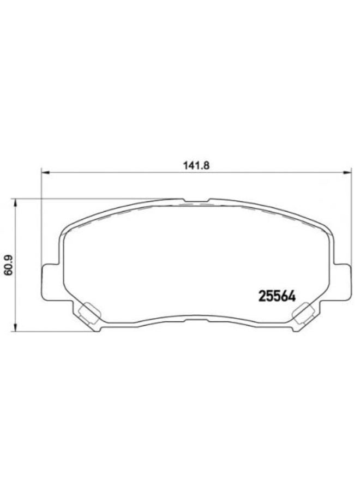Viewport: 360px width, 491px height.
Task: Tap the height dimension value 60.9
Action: click(7, 264)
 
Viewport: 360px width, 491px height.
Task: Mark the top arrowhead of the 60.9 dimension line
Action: click(16, 202)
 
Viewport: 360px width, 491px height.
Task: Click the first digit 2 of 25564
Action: click(260, 297)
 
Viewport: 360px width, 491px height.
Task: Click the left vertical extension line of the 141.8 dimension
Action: click(41, 218)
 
